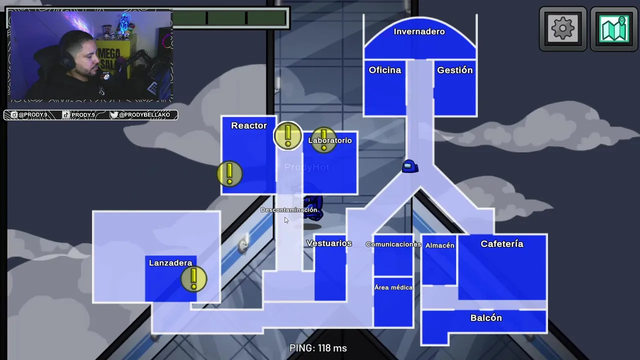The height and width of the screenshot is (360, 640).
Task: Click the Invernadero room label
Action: pyautogui.click(x=419, y=31)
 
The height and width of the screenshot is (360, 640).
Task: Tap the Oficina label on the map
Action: pyautogui.click(x=385, y=70)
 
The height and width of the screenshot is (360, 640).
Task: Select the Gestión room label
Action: pyautogui.click(x=454, y=70)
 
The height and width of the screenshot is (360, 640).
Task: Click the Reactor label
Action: pyautogui.click(x=249, y=125)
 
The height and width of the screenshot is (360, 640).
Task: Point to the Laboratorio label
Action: pyautogui.click(x=330, y=140)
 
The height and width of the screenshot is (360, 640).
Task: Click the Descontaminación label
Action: pyautogui.click(x=289, y=210)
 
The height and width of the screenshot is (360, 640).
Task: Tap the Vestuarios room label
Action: pyautogui.click(x=329, y=243)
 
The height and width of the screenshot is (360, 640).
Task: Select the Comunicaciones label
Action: pyautogui.click(x=393, y=244)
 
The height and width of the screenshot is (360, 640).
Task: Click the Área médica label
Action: pyautogui.click(x=393, y=287)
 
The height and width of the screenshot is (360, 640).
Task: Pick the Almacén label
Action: pyautogui.click(x=440, y=245)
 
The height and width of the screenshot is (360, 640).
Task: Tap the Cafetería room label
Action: pyautogui.click(x=502, y=243)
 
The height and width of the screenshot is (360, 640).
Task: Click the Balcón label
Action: pyautogui.click(x=486, y=318)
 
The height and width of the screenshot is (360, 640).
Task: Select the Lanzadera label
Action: pyautogui.click(x=170, y=263)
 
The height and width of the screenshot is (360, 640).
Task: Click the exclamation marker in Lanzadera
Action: pyautogui.click(x=194, y=278)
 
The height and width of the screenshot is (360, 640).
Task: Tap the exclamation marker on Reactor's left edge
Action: pyautogui.click(x=229, y=173)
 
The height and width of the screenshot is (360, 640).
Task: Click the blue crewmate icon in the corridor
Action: pyautogui.click(x=410, y=166)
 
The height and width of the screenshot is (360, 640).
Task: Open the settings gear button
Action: pyautogui.click(x=563, y=29)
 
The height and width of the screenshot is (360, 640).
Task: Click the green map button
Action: pyautogui.click(x=614, y=29)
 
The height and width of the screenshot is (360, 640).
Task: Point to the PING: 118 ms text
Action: pyautogui.click(x=318, y=348)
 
